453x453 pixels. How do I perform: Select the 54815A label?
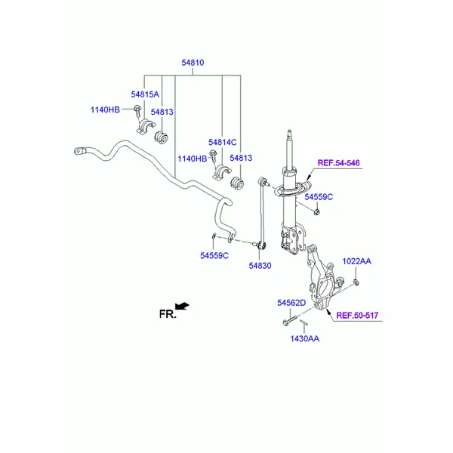point(145,94)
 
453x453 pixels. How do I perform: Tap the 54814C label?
point(223,142)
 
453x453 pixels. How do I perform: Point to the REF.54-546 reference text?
point(338,162)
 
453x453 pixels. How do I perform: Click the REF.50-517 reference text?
point(357,316)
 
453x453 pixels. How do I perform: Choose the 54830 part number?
point(259,266)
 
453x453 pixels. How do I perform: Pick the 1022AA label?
point(356,261)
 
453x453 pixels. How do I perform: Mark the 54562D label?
point(291,303)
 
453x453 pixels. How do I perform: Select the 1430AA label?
point(304,339)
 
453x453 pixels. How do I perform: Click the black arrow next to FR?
point(182,306)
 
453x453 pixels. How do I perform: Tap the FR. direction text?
point(166,313)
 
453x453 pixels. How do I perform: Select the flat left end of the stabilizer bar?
point(80,153)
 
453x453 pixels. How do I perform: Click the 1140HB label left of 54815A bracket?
point(105,110)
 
